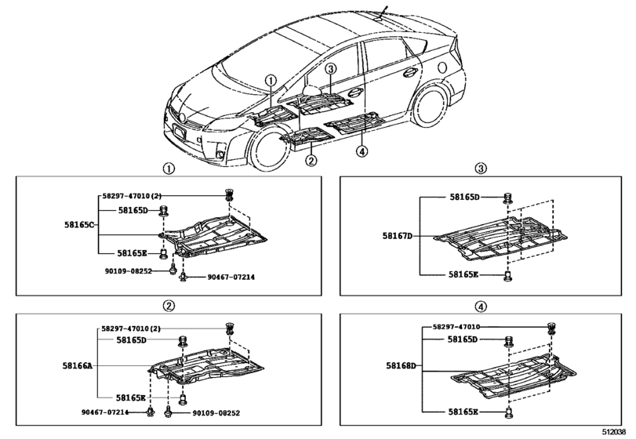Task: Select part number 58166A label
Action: pyautogui.click(x=78, y=365)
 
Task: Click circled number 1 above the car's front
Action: pyautogui.click(x=270, y=81)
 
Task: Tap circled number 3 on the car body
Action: pyautogui.click(x=331, y=70)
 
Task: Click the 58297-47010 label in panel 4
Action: pyautogui.click(x=460, y=326)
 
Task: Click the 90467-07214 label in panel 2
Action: pyautogui.click(x=107, y=412)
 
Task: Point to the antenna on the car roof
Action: pyautogui.click(x=382, y=11)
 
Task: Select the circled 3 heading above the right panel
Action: pyautogui.click(x=482, y=168)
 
